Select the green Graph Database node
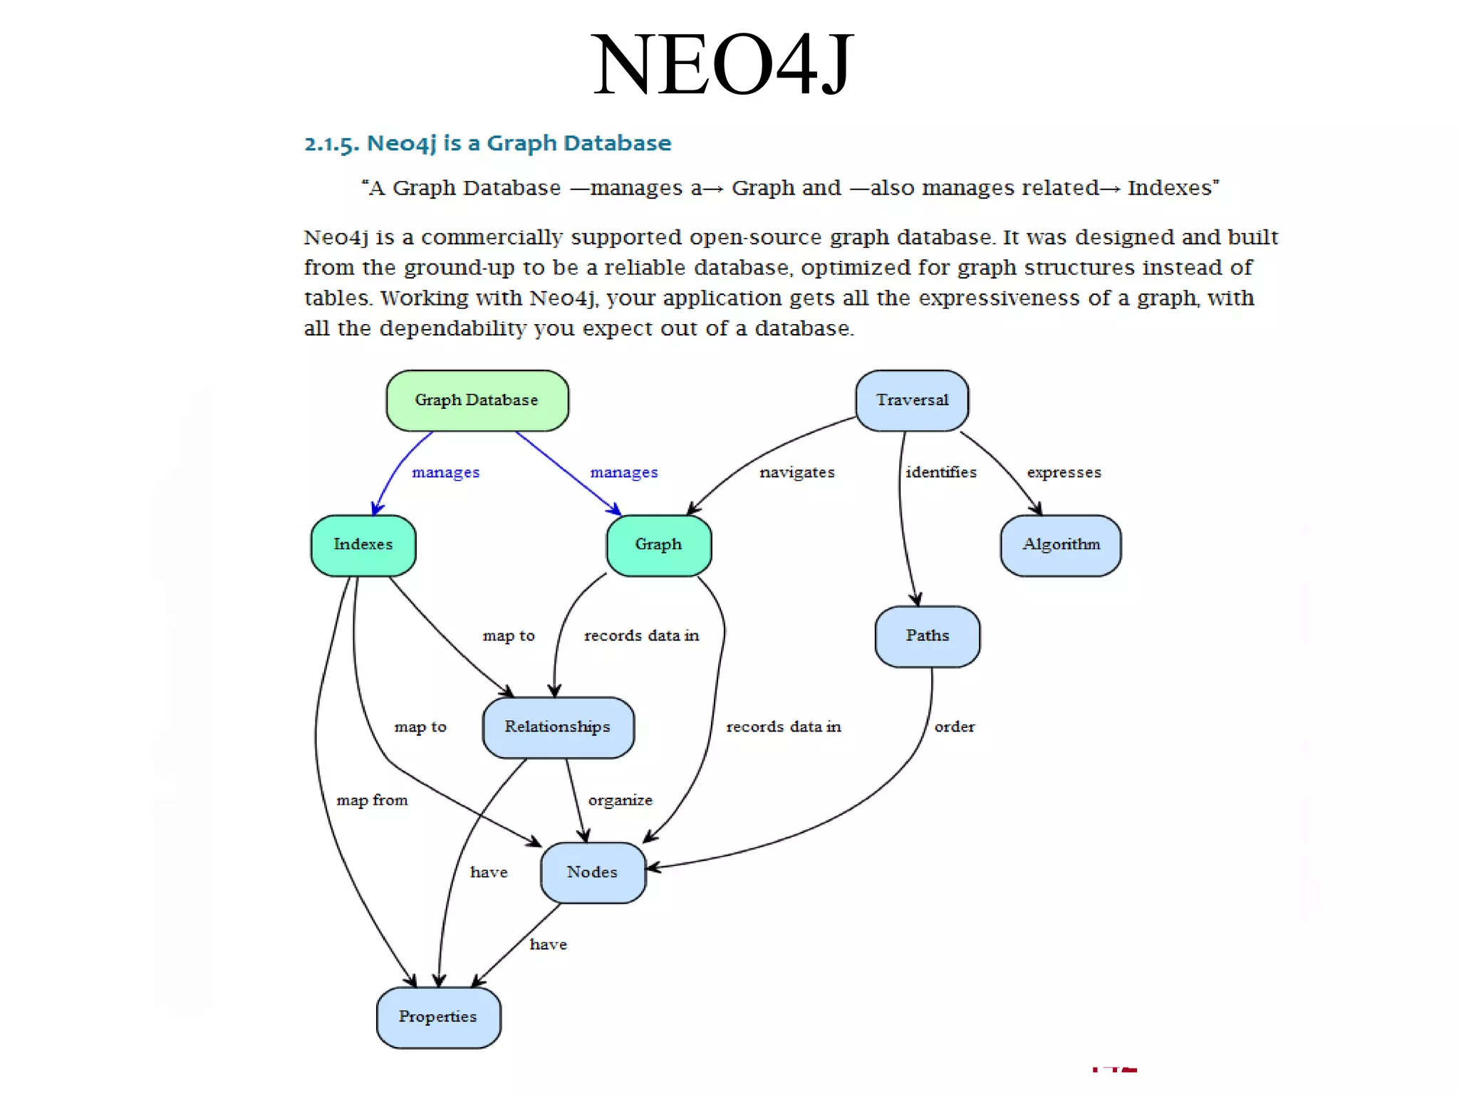coord(477,400)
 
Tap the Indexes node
coord(363,545)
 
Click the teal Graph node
coord(659,545)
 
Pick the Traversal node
coord(912,400)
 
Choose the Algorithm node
coord(1061,545)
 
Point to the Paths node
coord(928,636)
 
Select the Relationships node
coord(558,727)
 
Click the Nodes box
coord(593,872)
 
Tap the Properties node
coord(438,1017)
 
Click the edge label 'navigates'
coord(797,472)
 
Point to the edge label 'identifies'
coord(941,472)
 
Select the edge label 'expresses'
coord(1064,472)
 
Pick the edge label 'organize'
coord(620,801)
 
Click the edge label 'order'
coord(955,727)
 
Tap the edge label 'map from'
coord(372,801)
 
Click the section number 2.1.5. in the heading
coord(331,144)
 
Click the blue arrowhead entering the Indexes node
coord(377,509)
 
